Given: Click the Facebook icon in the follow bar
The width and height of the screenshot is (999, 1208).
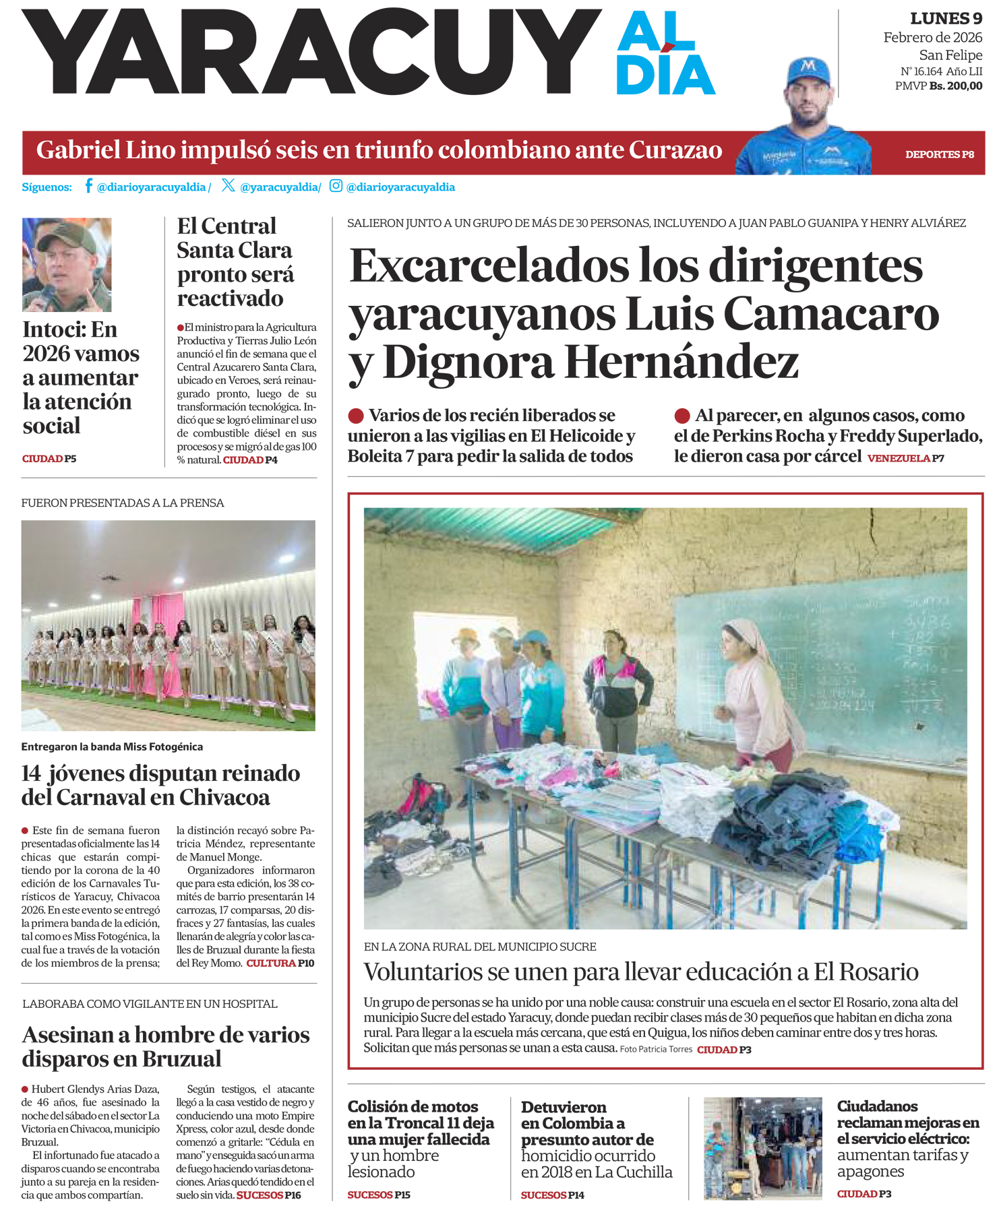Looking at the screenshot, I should pos(88,186).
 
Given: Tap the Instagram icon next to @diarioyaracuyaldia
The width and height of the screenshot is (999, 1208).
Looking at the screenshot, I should pos(336,186).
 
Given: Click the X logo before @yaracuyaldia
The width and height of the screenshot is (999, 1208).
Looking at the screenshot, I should pos(228,185).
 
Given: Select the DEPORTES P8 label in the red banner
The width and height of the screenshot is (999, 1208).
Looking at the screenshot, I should pos(939,154).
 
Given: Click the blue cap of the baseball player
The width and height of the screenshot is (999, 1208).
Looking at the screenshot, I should pos(808,70).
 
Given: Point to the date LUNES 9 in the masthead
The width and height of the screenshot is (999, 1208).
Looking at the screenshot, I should pos(946,19).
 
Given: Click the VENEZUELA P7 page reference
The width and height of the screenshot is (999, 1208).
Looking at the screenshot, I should pos(905,459).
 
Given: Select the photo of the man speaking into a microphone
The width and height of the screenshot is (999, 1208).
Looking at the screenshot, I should pos(67,264).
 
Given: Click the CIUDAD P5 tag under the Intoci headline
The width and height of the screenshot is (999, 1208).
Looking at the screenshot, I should pos(49,459).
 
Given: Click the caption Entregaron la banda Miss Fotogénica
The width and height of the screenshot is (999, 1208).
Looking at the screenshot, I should pos(112,746).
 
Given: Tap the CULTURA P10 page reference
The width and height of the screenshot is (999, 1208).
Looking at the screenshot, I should pos(280,963).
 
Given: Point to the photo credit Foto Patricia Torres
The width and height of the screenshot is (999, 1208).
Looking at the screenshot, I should pos(656,1050).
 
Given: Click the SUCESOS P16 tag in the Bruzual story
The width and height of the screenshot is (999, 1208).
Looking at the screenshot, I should pos(268,1195).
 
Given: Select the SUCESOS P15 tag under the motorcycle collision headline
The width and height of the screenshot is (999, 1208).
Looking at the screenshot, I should pos(379,1195).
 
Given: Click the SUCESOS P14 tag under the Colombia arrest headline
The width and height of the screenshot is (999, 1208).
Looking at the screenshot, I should pos(552,1195).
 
